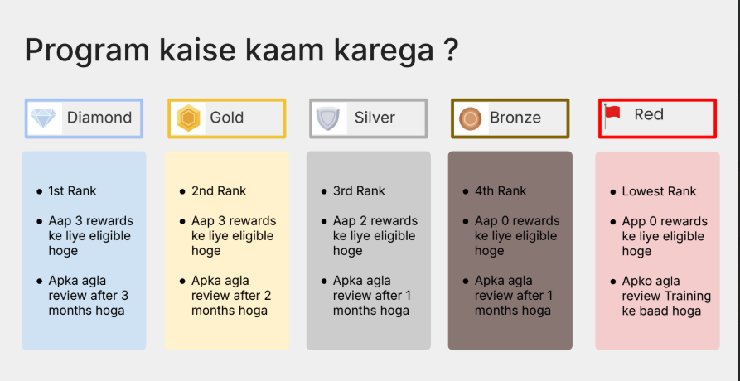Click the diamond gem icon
click(43, 118)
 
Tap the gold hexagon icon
click(189, 118)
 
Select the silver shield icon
click(327, 118)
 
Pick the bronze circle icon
click(470, 118)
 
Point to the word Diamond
click(99, 118)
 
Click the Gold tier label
click(226, 118)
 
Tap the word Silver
click(375, 118)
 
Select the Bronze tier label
click(515, 118)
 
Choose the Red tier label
click(649, 114)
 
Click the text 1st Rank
click(72, 191)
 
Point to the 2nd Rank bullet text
click(219, 191)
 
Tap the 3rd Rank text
click(359, 191)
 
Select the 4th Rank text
click(501, 191)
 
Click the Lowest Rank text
click(659, 191)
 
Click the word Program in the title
click(87, 51)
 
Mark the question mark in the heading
click(451, 49)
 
